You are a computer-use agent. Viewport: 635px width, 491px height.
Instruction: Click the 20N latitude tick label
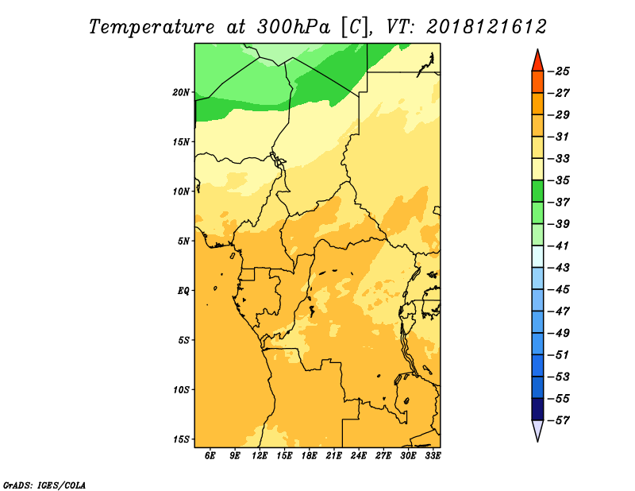click(182, 92)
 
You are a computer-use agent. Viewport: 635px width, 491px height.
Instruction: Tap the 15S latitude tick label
click(182, 439)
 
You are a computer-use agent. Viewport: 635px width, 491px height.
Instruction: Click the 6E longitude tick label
click(210, 456)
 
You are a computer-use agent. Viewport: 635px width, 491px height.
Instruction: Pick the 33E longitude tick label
click(433, 456)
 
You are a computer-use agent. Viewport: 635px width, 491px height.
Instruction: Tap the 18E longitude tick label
click(310, 456)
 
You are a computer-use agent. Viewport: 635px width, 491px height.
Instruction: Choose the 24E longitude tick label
click(359, 456)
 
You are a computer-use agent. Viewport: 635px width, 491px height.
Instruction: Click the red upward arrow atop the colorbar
click(537, 60)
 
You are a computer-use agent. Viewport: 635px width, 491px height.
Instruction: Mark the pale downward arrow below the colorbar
click(537, 430)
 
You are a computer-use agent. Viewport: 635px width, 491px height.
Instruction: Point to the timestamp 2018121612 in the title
click(487, 26)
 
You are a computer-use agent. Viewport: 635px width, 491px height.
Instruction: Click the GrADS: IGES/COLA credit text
click(44, 484)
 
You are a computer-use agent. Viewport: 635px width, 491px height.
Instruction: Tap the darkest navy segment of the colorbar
click(537, 408)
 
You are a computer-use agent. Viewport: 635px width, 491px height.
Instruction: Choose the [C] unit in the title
click(355, 26)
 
